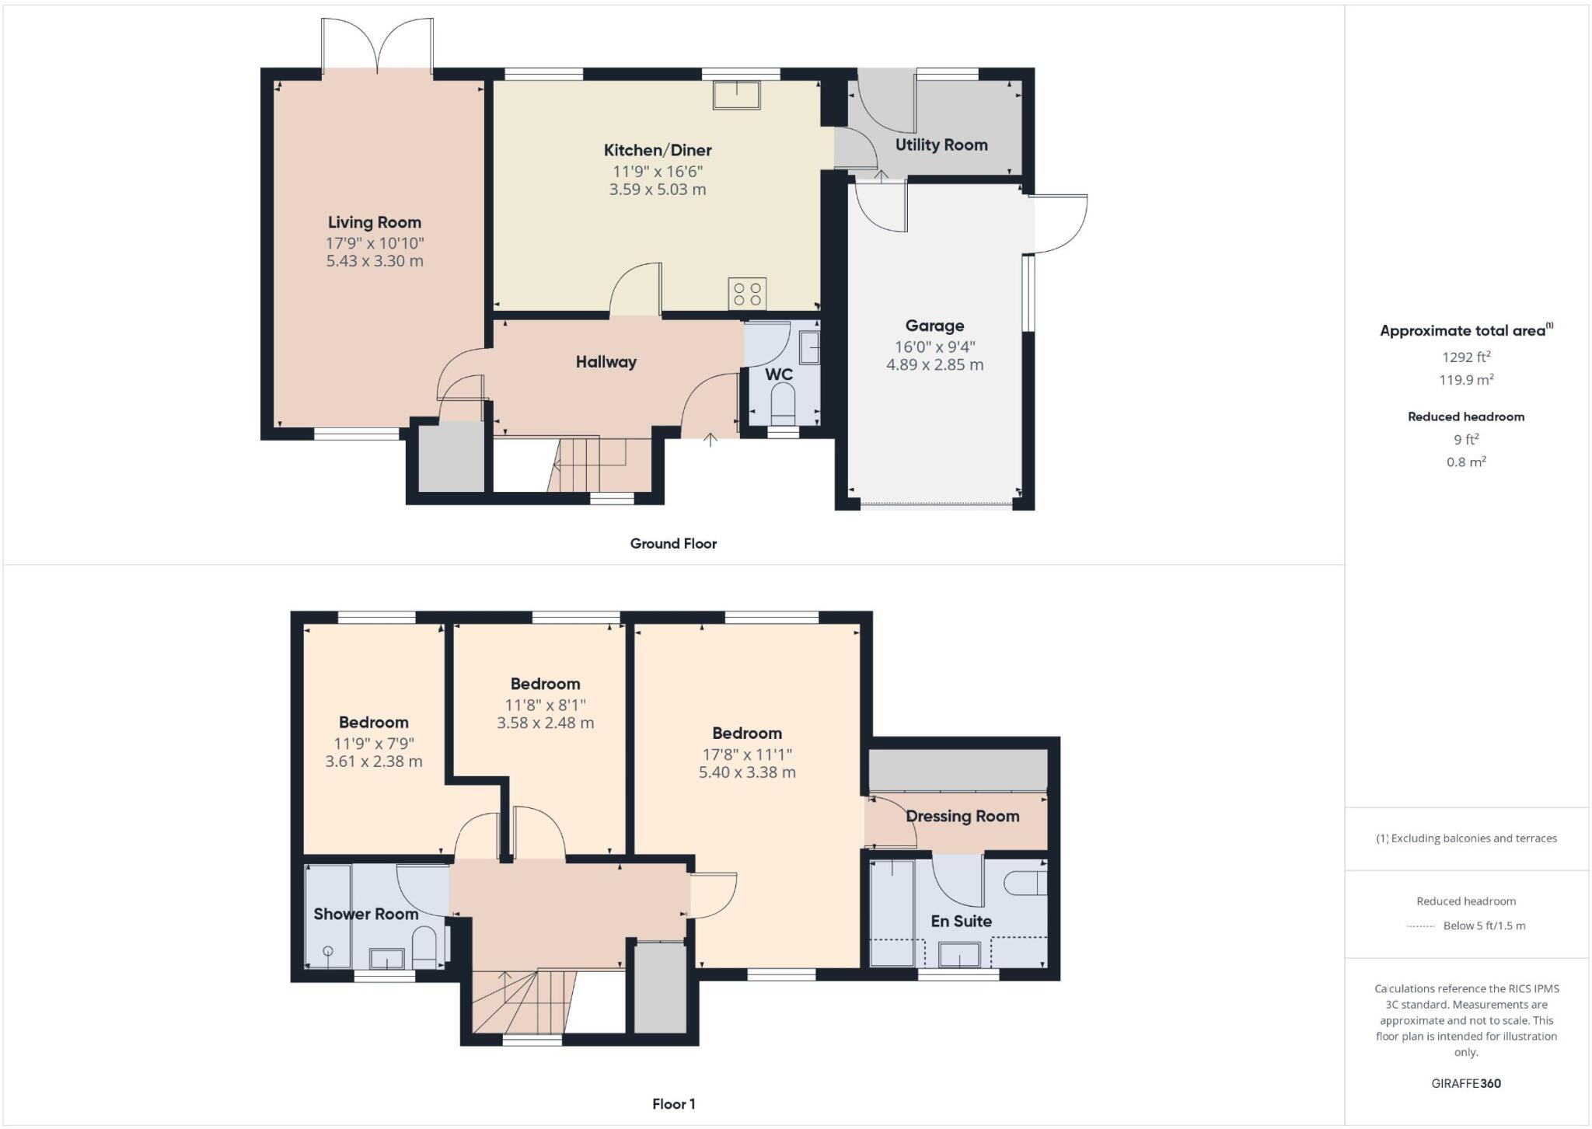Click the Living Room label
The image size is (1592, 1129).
click(x=374, y=223)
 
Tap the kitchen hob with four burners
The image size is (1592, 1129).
click(x=747, y=294)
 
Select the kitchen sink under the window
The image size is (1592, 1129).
click(x=736, y=95)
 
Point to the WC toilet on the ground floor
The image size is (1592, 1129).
click(x=783, y=404)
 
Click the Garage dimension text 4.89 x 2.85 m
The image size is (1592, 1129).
click(x=934, y=365)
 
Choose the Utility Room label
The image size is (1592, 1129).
click(x=941, y=145)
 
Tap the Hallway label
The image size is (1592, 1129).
click(x=606, y=362)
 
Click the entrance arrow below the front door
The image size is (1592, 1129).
click(x=710, y=440)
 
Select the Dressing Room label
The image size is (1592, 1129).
click(x=962, y=817)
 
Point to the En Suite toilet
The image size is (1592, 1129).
click(x=1027, y=883)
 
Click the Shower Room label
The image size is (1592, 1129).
click(x=365, y=915)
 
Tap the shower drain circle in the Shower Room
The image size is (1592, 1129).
click(x=328, y=951)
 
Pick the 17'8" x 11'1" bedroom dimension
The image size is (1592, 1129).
click(x=746, y=754)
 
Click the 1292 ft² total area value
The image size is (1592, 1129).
click(x=1466, y=357)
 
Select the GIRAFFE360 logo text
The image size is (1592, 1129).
click(x=1466, y=1084)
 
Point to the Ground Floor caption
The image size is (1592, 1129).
click(x=673, y=544)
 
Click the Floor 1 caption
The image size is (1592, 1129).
click(x=673, y=1104)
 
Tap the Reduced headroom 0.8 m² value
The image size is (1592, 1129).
click(x=1466, y=462)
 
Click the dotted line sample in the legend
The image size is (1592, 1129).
click(x=1420, y=926)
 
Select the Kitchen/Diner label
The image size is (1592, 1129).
click(x=658, y=151)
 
